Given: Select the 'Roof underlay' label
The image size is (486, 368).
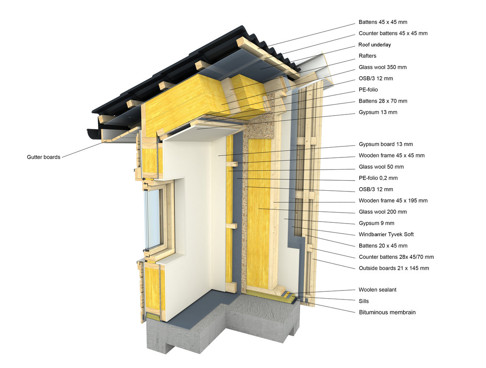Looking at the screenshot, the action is click(x=375, y=45).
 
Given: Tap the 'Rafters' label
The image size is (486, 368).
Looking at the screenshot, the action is click(x=367, y=56).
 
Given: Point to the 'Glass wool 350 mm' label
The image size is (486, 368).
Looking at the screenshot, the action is click(x=383, y=67).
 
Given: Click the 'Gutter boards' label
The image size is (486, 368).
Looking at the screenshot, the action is click(x=44, y=157).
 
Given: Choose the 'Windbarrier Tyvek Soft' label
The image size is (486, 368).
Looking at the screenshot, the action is click(x=386, y=234).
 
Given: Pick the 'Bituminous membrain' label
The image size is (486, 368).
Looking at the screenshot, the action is click(x=387, y=312).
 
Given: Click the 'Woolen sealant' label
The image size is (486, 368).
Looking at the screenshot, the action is click(x=377, y=290).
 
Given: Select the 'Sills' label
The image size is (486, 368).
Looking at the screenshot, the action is click(x=364, y=301).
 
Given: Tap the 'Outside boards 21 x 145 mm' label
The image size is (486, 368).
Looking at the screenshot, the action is click(x=394, y=268).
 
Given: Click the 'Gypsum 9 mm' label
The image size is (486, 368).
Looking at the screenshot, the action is click(x=376, y=223).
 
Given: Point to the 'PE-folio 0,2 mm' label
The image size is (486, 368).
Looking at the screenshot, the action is click(x=378, y=178).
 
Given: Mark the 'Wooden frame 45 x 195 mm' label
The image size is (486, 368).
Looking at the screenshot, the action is click(x=393, y=200).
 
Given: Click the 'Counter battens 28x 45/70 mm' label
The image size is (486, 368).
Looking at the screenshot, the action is click(x=396, y=257).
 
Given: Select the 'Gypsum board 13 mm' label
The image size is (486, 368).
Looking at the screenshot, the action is click(x=386, y=144).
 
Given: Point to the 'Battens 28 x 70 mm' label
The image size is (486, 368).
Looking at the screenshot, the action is click(x=383, y=101).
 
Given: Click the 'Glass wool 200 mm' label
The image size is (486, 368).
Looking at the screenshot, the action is click(x=383, y=212).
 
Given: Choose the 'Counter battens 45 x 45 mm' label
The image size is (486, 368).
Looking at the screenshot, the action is click(x=393, y=33).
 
